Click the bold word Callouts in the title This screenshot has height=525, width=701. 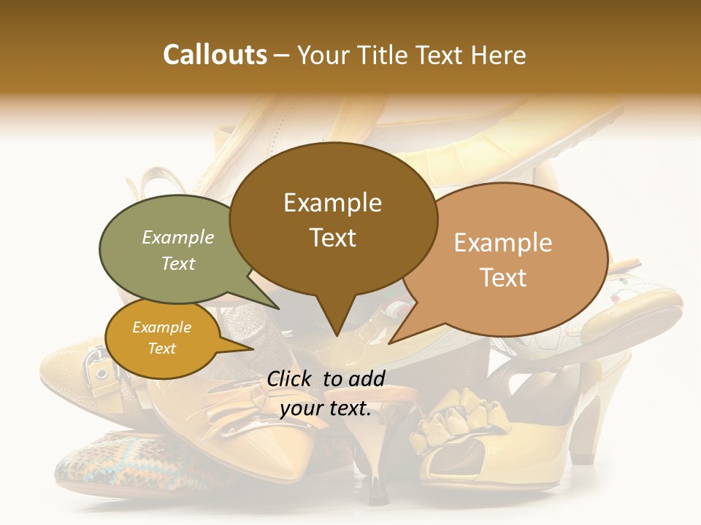215,55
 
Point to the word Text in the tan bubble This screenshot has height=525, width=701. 503,278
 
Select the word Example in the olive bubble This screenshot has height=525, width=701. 177,237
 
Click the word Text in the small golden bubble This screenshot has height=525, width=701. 161,349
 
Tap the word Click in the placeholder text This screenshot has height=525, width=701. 291,378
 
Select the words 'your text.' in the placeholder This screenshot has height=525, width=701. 326,409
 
